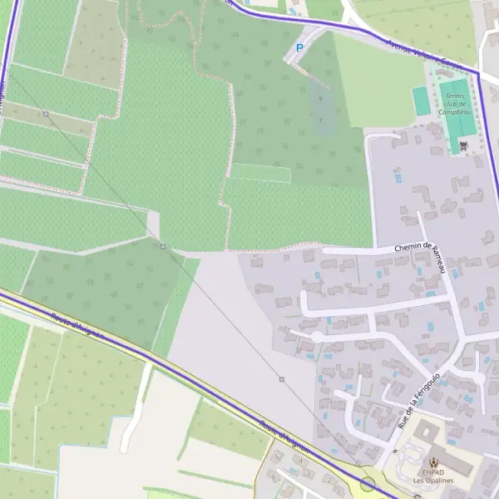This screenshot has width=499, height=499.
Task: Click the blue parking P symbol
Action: click(x=299, y=49)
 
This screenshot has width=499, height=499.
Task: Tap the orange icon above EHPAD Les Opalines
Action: click(x=432, y=462)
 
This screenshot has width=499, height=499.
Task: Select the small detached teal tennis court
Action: click(x=422, y=101)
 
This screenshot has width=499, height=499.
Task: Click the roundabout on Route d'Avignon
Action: click(x=368, y=484)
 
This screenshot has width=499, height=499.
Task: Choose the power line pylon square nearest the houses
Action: click(x=282, y=379)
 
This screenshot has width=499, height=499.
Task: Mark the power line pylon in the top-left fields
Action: click(x=46, y=113)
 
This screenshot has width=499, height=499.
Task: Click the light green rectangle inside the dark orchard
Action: click(x=260, y=172)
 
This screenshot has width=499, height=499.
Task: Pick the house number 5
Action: click(x=275, y=457)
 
